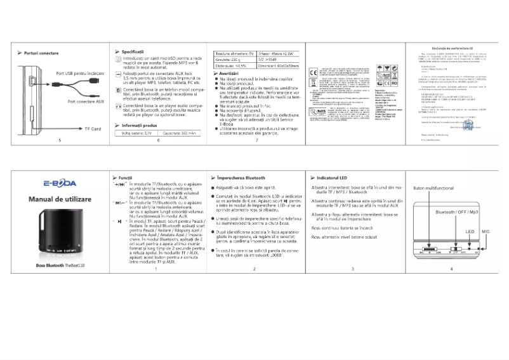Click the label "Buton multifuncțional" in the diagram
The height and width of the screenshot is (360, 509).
click(433, 189)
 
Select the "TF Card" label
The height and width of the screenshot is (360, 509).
click(93, 129)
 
